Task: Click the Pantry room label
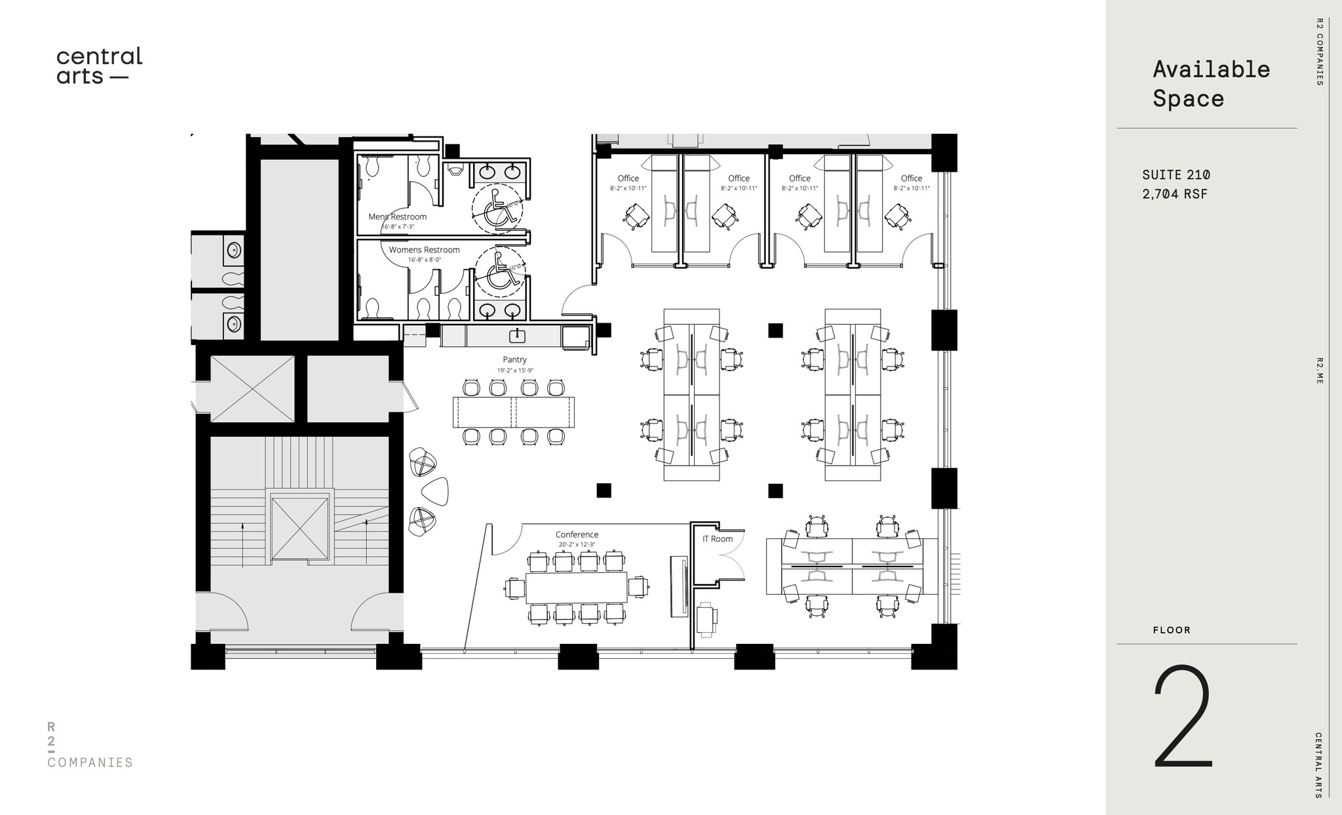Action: click(514, 359)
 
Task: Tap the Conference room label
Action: click(577, 534)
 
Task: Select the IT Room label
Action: click(718, 539)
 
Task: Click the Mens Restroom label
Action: click(397, 216)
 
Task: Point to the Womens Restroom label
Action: click(424, 250)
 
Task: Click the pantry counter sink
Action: click(518, 336)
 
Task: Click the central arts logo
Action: click(99, 66)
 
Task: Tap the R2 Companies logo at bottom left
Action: click(90, 745)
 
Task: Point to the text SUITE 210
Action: click(1176, 175)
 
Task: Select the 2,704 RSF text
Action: click(1174, 194)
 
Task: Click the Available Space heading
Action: click(1211, 84)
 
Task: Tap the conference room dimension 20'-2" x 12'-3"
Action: click(577, 545)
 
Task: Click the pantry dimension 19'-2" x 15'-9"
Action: click(515, 370)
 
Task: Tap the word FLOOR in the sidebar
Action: click(1172, 630)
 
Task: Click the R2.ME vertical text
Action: click(1319, 370)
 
